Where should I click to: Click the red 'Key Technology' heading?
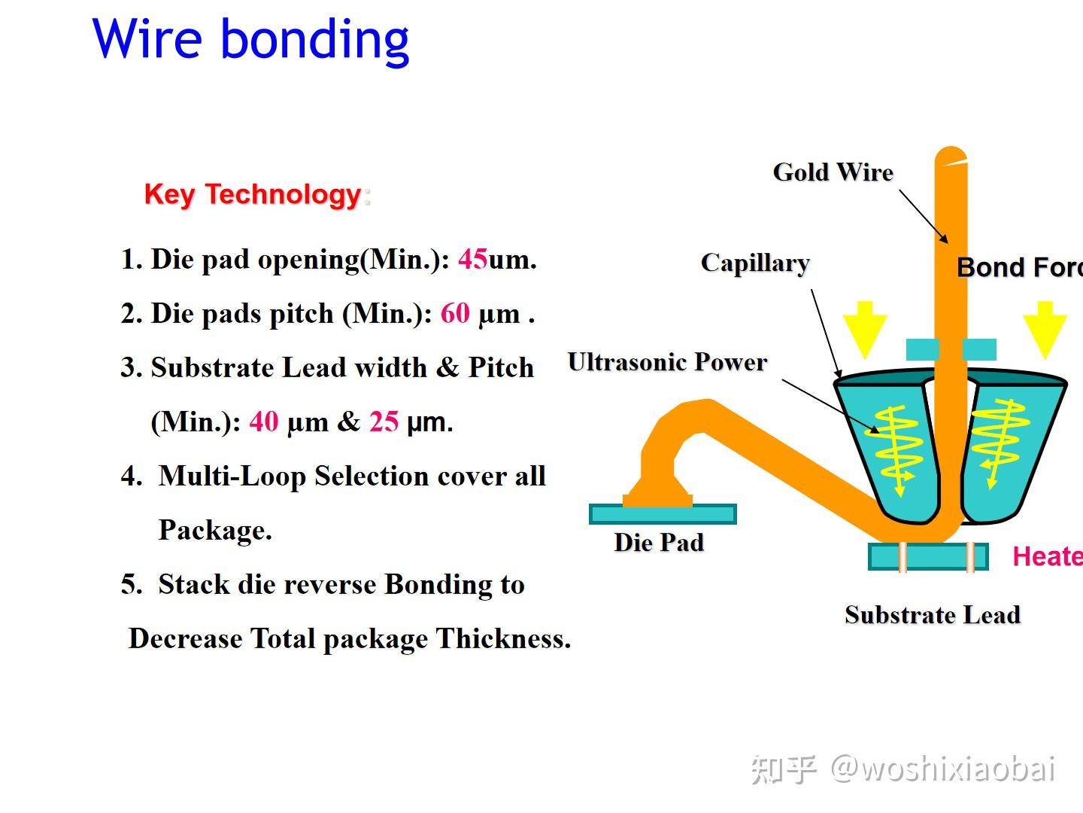[253, 194]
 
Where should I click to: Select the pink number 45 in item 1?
[472, 260]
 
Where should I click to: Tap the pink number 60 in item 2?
[455, 314]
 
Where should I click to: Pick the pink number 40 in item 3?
[263, 422]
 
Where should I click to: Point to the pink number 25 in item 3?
[384, 422]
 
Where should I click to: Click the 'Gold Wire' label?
[833, 172]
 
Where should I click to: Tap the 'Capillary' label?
[754, 263]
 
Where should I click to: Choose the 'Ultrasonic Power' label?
[667, 362]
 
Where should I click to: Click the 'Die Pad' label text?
[659, 543]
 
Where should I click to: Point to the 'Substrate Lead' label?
[932, 615]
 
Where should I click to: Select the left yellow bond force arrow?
[865, 328]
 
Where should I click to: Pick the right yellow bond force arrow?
[1045, 328]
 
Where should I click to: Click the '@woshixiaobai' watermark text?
[942, 769]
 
